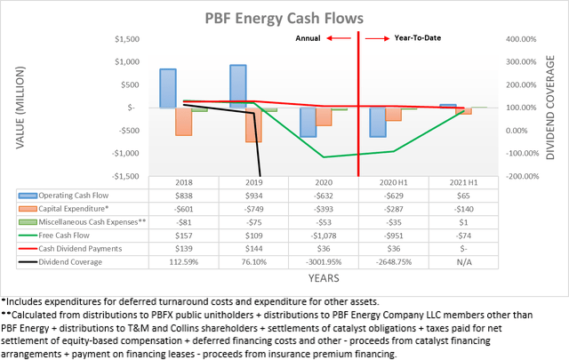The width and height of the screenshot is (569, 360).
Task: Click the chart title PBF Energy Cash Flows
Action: (x=284, y=18)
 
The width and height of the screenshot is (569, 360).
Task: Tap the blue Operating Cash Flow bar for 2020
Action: (x=308, y=122)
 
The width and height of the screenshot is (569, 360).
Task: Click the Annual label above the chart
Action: (x=308, y=39)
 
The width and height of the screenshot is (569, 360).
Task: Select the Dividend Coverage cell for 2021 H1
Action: (x=456, y=262)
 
